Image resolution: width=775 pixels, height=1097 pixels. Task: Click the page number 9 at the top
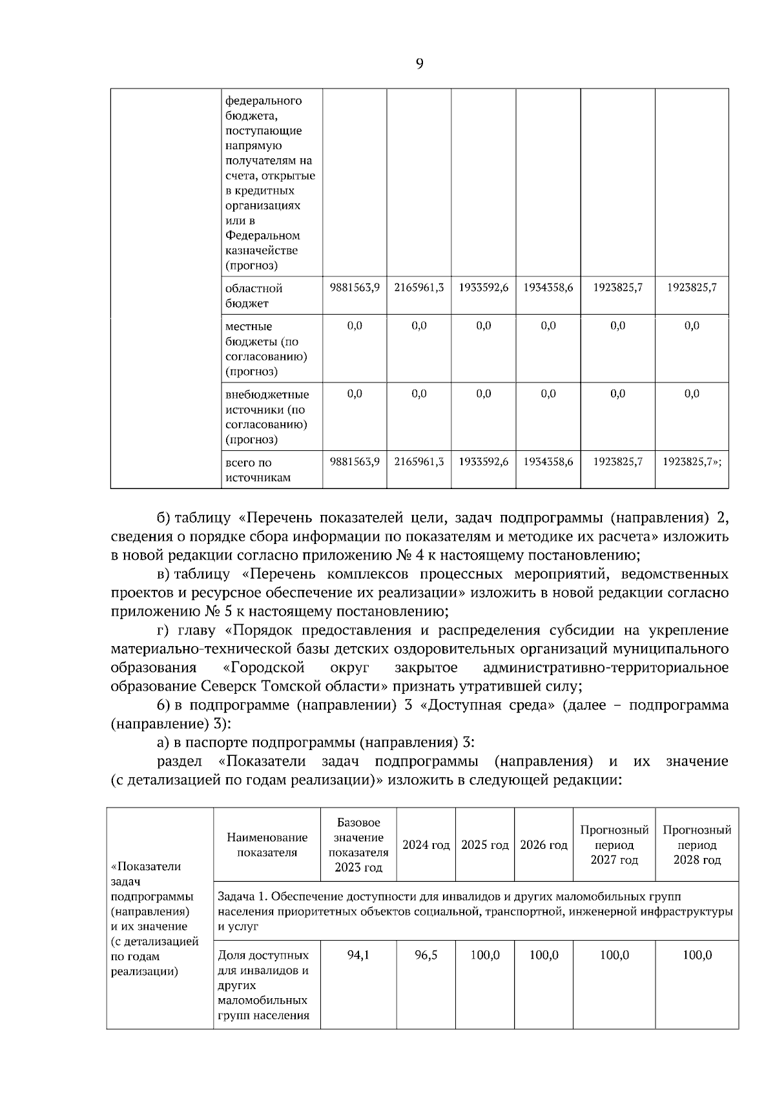point(420,64)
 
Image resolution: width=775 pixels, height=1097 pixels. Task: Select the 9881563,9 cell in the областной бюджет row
point(355,287)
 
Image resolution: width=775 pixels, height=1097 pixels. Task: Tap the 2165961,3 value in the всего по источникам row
point(419,462)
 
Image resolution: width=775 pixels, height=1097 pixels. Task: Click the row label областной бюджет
point(254,295)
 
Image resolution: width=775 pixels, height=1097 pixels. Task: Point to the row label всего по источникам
point(258,470)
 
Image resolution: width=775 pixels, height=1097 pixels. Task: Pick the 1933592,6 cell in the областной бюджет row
point(484,287)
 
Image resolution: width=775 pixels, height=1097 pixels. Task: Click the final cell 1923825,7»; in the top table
point(692,462)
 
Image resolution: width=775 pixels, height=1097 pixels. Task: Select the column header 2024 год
point(426,845)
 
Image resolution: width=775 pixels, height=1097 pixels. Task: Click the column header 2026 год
point(544,845)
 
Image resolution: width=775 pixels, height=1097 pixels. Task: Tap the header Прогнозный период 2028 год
point(697,845)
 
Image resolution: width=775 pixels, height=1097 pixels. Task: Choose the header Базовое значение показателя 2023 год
point(358,845)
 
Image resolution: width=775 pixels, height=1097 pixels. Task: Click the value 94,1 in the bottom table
point(358,955)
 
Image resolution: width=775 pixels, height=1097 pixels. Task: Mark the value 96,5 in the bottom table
point(426,955)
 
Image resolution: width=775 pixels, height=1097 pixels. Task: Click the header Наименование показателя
point(267,845)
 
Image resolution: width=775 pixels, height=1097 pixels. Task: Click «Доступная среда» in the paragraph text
point(487,705)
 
